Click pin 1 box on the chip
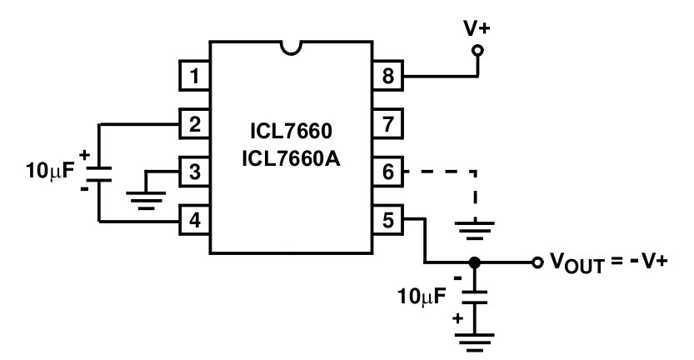click(x=195, y=77)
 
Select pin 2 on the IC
click(x=195, y=125)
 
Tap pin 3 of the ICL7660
click(x=195, y=173)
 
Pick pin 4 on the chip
click(x=195, y=221)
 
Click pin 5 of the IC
click(x=387, y=221)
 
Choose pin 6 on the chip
click(x=387, y=173)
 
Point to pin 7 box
click(x=387, y=125)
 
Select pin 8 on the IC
click(x=387, y=77)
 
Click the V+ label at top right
click(x=477, y=27)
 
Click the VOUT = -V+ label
click(x=607, y=262)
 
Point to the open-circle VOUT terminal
click(x=537, y=262)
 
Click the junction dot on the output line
click(x=476, y=262)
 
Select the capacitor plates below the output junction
click(x=476, y=295)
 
